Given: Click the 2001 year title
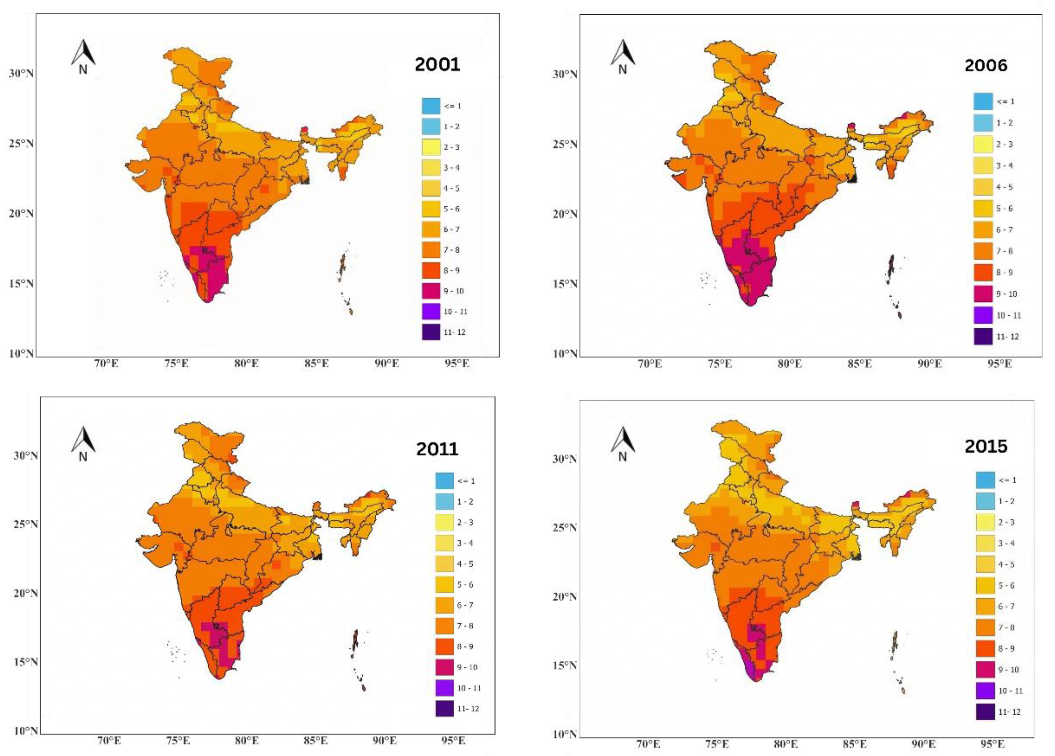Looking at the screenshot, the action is tap(437, 65).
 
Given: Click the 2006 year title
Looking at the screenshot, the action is tap(986, 65).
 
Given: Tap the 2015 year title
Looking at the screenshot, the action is tap(986, 446).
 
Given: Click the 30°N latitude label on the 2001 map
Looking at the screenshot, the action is tap(21, 73).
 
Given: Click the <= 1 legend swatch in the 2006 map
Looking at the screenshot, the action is tap(983, 101).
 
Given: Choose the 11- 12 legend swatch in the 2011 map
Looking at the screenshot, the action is tap(445, 709).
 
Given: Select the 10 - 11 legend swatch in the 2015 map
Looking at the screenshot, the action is tap(985, 691).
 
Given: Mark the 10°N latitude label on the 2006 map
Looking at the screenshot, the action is tap(565, 354).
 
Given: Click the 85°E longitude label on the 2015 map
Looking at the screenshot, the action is tap(855, 744).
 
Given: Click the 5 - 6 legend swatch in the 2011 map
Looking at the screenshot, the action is tap(445, 584).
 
